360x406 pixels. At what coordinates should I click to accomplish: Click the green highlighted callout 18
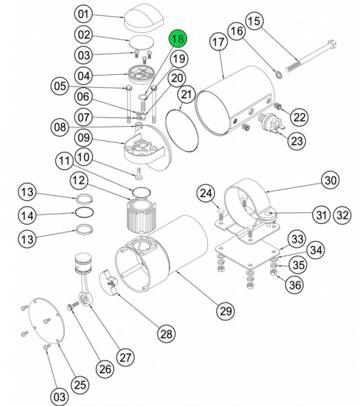coord(177,39)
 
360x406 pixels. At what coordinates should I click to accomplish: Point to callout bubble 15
coord(254,22)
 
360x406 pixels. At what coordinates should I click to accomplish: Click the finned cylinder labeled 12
coord(143,215)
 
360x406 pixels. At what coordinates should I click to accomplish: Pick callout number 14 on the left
coord(27,215)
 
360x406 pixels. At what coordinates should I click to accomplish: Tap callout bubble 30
coord(330,181)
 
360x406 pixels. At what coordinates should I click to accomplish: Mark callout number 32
coord(343,214)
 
